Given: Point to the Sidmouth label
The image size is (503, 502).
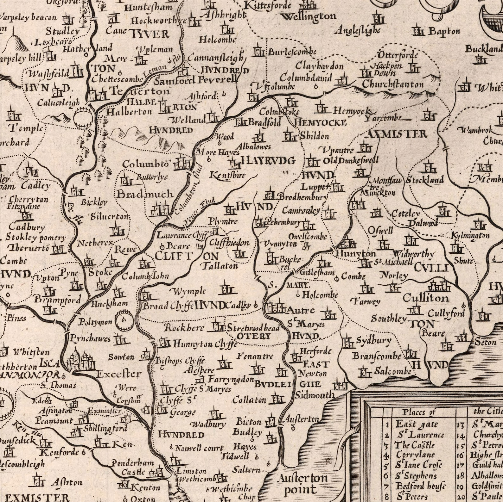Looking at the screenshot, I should [x=315, y=394].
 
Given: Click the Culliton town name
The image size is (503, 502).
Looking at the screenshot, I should [x=426, y=298].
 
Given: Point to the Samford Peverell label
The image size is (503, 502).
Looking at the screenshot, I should [x=196, y=80].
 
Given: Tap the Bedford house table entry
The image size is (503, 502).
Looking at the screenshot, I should [x=420, y=486].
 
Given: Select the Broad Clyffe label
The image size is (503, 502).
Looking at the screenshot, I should [x=168, y=306].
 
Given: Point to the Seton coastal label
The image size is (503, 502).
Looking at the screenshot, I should [x=485, y=342].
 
